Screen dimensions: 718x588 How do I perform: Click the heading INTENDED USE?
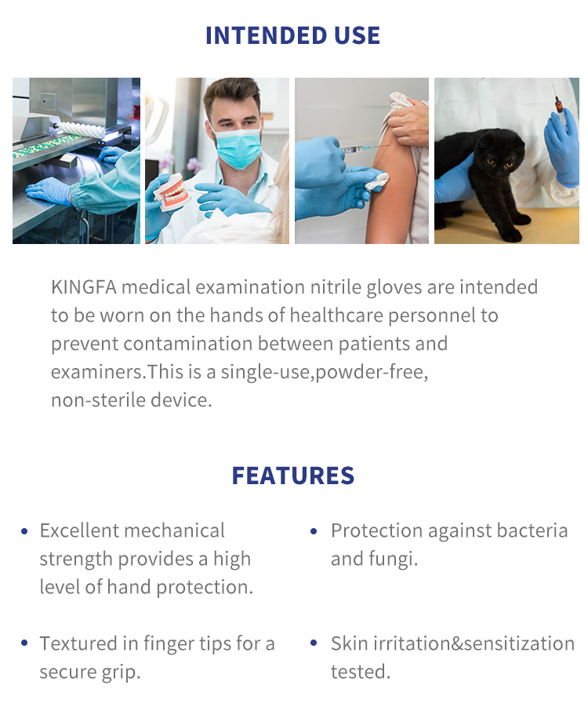[292, 35]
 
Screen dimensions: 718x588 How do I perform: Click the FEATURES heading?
[292, 476]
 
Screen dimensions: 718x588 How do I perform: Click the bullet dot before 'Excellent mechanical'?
[25, 532]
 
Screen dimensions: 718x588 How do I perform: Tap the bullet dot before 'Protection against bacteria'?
[314, 532]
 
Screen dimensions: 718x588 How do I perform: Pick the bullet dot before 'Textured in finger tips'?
[25, 644]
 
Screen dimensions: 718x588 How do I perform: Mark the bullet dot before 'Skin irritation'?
[314, 644]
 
